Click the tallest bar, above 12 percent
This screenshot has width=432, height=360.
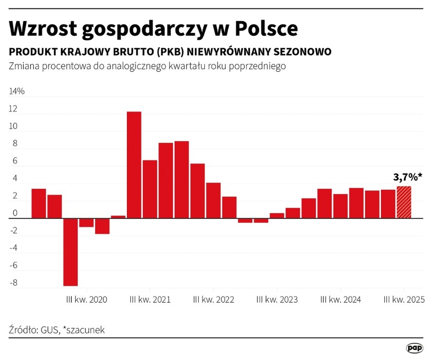tap(134, 165)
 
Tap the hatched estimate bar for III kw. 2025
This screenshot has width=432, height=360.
tap(404, 202)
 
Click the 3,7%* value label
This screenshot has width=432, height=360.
tap(407, 177)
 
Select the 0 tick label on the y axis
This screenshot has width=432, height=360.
tap(15, 214)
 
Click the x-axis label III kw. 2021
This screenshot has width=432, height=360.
tap(151, 300)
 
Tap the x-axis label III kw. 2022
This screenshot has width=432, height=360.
tap(214, 300)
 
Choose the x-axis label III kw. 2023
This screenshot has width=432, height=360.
tap(277, 300)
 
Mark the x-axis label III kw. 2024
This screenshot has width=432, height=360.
tap(340, 300)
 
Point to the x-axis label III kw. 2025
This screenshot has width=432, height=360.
tap(404, 300)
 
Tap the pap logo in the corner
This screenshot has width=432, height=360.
tap(414, 348)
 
